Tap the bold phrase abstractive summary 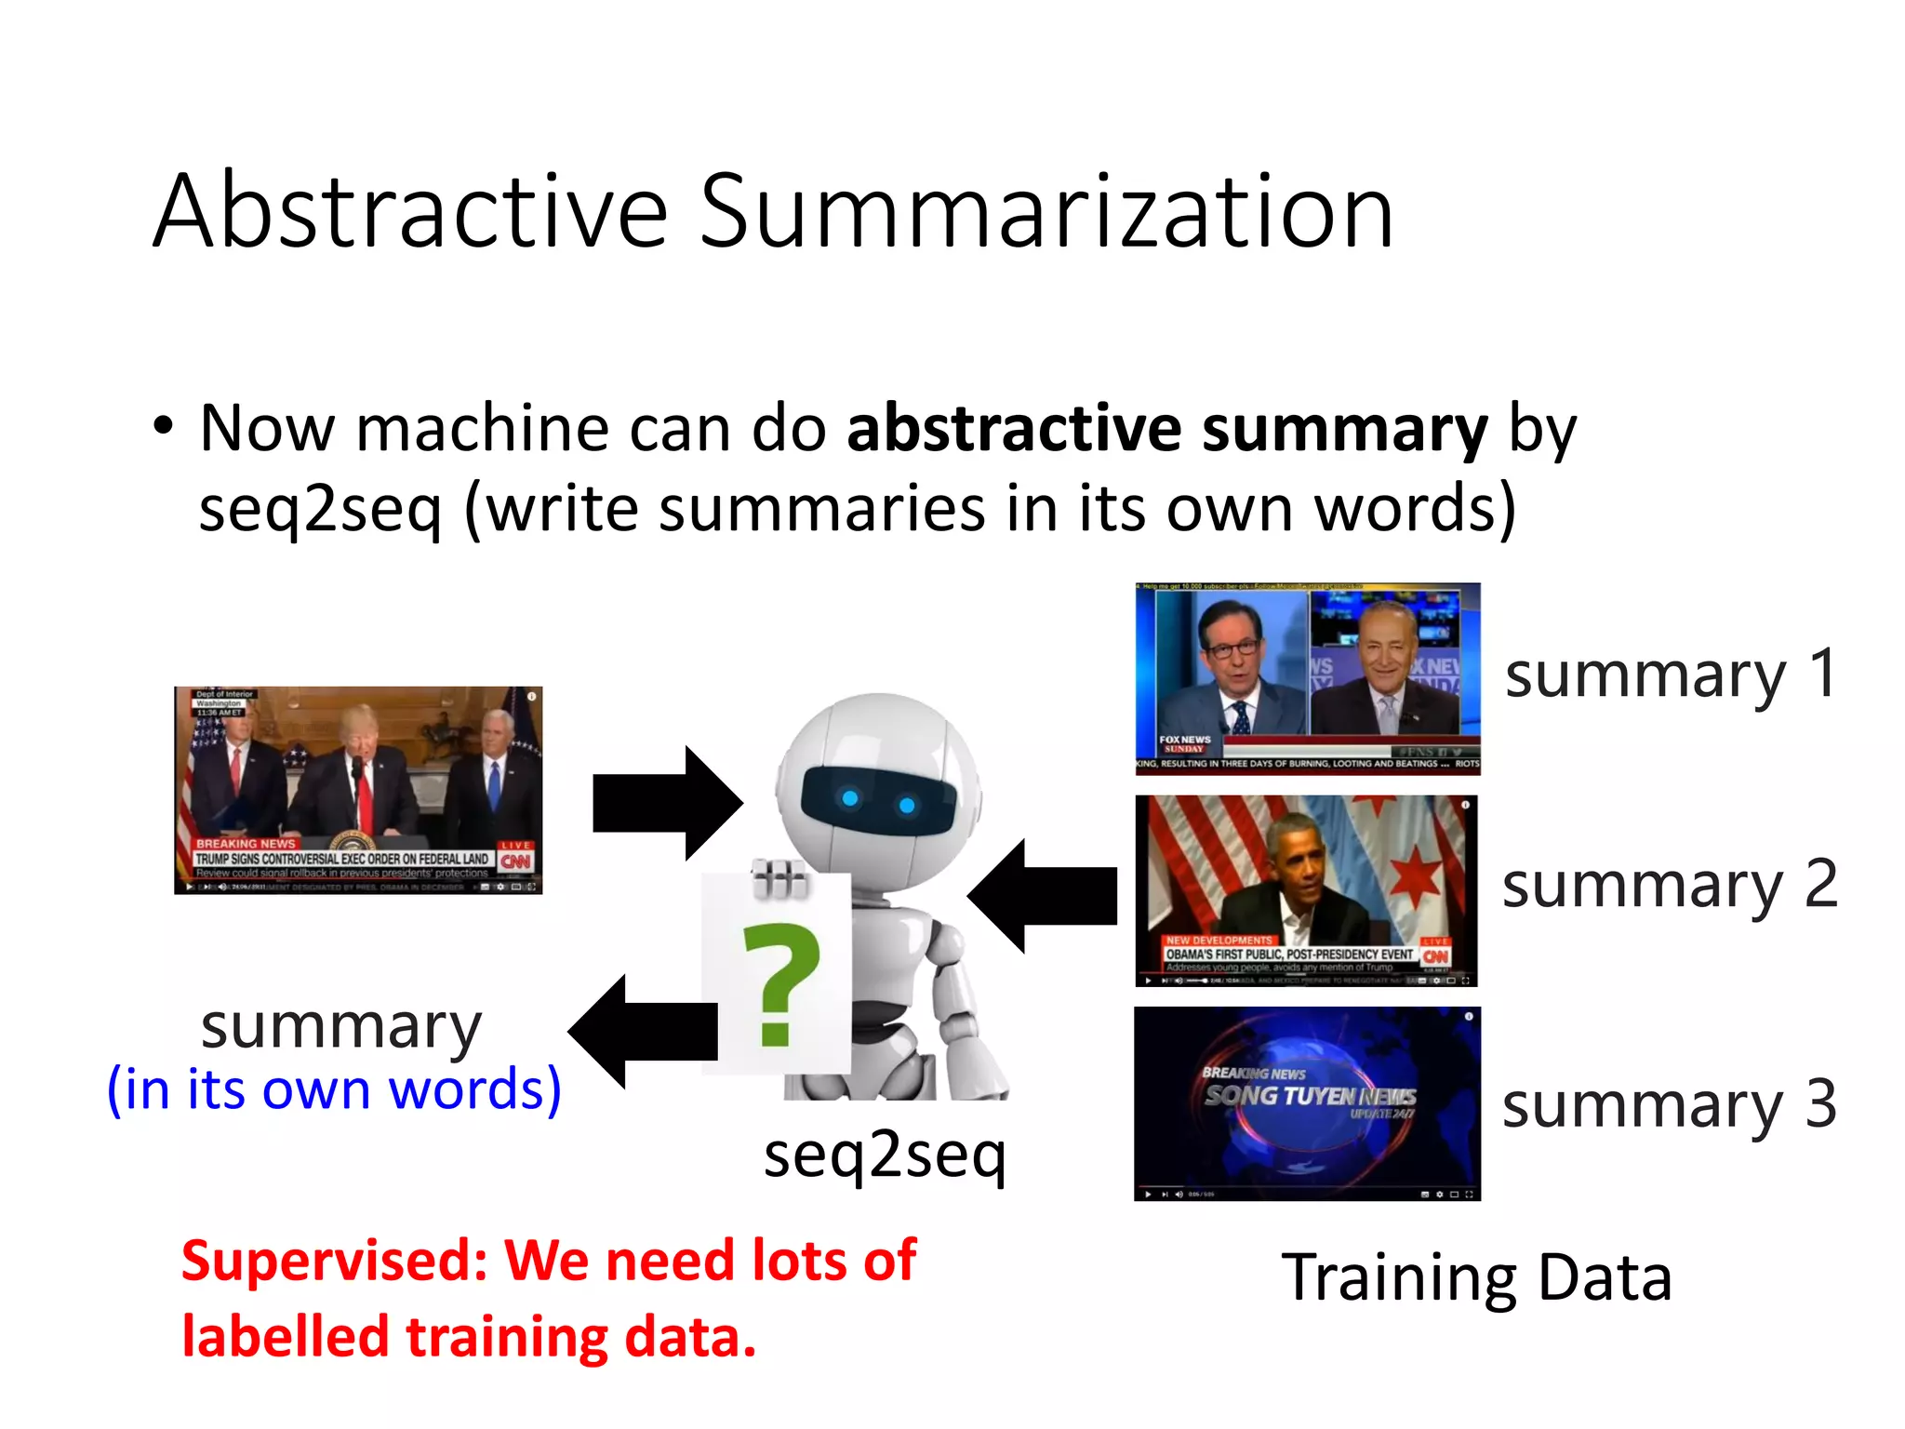point(1167,429)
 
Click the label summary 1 point(1671,674)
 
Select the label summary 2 point(1671,885)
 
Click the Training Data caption point(1477,1277)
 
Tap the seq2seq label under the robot point(885,1155)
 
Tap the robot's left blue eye point(849,798)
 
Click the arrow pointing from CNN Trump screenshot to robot point(667,803)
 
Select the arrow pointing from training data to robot point(1043,896)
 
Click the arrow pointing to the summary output point(643,1032)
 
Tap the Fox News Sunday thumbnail point(1307,679)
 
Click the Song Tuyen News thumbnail point(1307,1103)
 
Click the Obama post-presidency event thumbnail point(1306,890)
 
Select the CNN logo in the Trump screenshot point(515,861)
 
